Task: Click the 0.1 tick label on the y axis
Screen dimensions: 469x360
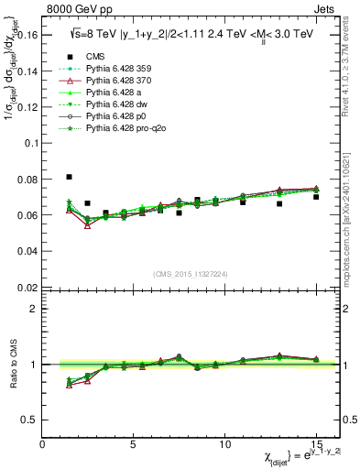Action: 30,143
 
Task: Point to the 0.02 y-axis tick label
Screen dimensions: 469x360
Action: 27,287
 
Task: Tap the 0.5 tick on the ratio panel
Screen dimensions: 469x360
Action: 30,420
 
